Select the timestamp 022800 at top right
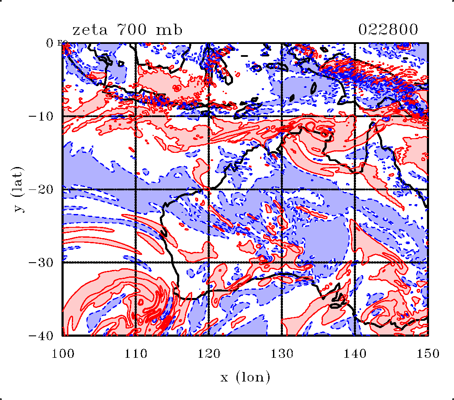pyautogui.click(x=388, y=30)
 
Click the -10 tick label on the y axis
pyautogui.click(x=42, y=116)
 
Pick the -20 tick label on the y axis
pyautogui.click(x=42, y=189)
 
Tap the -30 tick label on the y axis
pyautogui.click(x=42, y=262)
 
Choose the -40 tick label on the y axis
pyautogui.click(x=42, y=335)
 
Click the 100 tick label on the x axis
pyautogui.click(x=63, y=353)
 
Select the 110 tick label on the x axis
pyautogui.click(x=136, y=353)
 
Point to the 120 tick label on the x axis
pyautogui.click(x=209, y=353)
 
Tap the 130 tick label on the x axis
pyautogui.click(x=282, y=353)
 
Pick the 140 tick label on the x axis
pyautogui.click(x=355, y=353)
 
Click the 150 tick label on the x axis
pyautogui.click(x=428, y=353)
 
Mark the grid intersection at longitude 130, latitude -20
pyautogui.click(x=282, y=189)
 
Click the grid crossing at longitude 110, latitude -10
pyautogui.click(x=136, y=116)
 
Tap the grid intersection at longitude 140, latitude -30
pyautogui.click(x=355, y=262)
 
